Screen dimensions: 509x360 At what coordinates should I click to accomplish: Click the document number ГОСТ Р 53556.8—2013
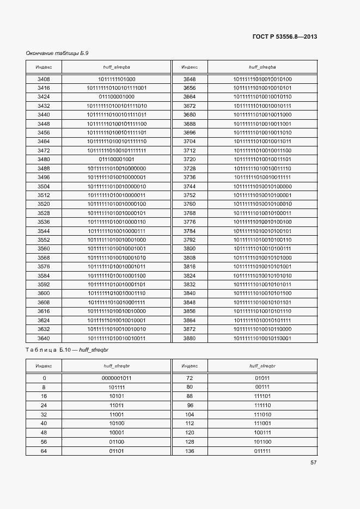(x=285, y=36)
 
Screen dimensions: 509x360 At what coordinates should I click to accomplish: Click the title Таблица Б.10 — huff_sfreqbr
(x=71, y=350)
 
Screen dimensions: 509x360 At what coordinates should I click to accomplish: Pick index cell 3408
(x=44, y=79)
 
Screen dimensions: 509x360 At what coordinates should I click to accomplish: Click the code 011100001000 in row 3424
(x=117, y=96)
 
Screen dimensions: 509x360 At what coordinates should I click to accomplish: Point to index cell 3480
(x=44, y=159)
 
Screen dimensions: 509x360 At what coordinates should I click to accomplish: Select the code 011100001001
(x=117, y=159)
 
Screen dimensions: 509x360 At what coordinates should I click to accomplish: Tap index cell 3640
(x=44, y=338)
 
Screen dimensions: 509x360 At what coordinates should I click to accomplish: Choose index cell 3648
(x=190, y=79)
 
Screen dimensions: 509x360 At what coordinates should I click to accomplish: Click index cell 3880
(x=190, y=338)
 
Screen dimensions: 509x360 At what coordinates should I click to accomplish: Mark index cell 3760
(x=190, y=204)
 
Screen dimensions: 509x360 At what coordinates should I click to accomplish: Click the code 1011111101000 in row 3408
(x=117, y=79)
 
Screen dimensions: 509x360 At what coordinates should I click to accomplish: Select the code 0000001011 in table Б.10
(x=117, y=378)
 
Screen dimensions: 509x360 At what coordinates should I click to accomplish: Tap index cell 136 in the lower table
(x=190, y=451)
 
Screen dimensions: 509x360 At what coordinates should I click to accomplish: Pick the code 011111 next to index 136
(x=263, y=451)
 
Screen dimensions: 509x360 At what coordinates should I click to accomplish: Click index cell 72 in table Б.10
(x=190, y=378)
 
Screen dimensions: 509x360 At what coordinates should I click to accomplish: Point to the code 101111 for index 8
(x=117, y=387)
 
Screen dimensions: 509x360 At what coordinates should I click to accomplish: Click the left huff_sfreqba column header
(x=117, y=67)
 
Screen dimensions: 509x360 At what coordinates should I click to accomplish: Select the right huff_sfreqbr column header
(x=263, y=366)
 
